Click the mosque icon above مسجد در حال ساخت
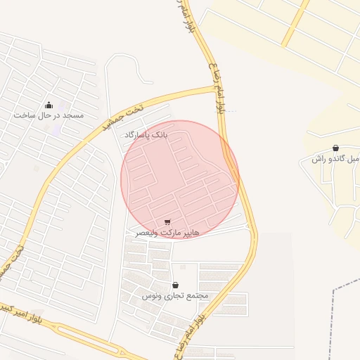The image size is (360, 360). coord(49,104)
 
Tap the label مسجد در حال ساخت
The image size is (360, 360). coord(49,115)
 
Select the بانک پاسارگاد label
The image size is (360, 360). coord(147,133)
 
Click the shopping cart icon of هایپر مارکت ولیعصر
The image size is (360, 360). coord(167,222)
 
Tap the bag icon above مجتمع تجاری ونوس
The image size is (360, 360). coord(174,285)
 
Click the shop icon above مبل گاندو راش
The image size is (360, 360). coord(335,148)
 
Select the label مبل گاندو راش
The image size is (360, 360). coord(336,159)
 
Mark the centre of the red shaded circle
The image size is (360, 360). coord(180,179)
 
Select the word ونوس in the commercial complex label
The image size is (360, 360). coord(151,296)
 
